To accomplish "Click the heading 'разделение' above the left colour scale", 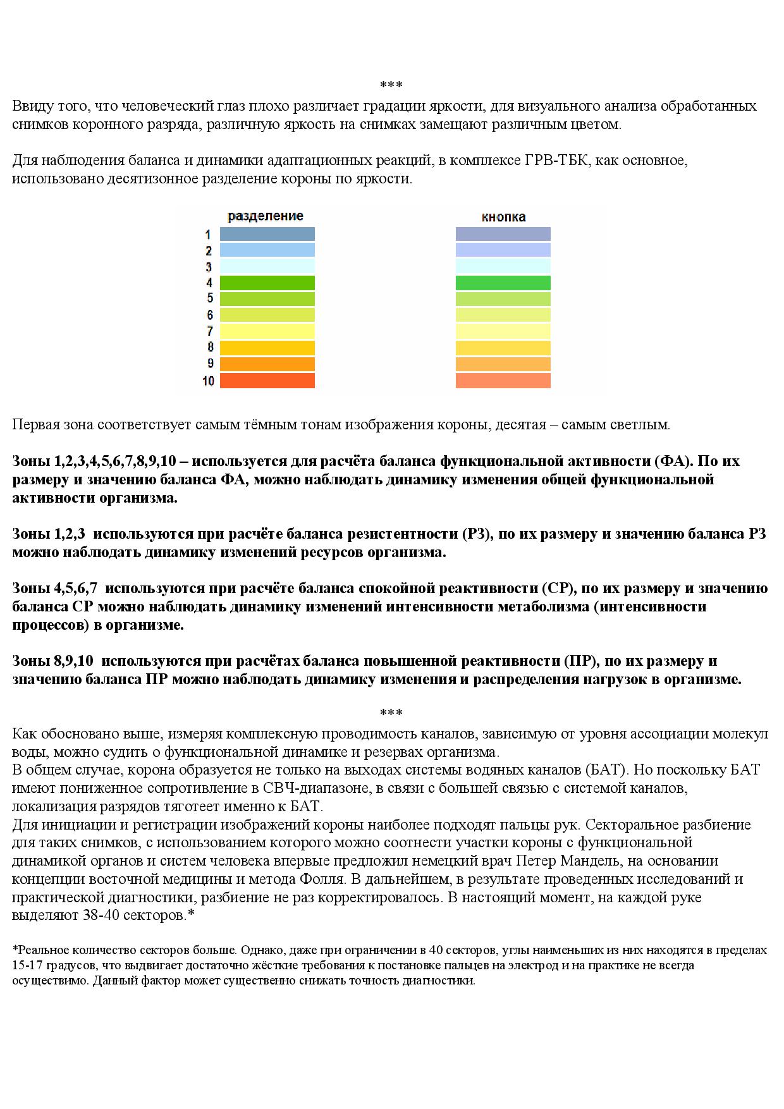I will (265, 216).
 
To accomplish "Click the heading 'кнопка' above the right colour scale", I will (503, 217).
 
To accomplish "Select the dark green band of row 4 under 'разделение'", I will (267, 283).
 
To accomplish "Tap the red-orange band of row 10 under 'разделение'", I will (267, 381).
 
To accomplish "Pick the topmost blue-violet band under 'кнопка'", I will (503, 234).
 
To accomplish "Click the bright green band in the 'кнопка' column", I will (503, 283).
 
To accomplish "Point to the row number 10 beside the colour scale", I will (208, 381).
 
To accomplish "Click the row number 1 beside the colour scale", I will (208, 235).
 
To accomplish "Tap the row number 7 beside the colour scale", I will (209, 331).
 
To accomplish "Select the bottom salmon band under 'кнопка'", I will (503, 381).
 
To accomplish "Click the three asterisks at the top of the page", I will (391, 85).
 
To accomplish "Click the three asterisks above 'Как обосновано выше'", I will (391, 713).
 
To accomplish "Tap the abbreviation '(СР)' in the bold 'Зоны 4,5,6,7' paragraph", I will (558, 589).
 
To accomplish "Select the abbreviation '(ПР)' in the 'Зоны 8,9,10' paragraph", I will (580, 661).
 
